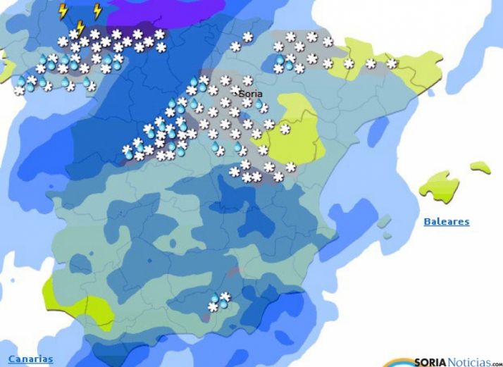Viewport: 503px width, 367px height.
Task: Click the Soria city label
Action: (251, 93)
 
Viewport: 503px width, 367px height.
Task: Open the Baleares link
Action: (446, 222)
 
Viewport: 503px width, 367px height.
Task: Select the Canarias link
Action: (30, 359)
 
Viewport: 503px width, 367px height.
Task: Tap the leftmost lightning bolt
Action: (63, 11)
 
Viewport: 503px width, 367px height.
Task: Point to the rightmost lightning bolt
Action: (97, 11)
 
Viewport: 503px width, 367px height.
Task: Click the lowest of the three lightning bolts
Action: (80, 28)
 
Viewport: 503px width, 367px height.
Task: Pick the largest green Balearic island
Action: (438, 185)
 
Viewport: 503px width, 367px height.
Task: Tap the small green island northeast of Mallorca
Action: (480, 168)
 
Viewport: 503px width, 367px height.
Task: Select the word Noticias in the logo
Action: (471, 361)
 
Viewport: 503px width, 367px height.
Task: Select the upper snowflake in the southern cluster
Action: (225, 296)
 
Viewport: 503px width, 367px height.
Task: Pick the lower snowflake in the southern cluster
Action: (212, 308)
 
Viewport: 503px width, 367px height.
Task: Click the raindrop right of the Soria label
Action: (259, 105)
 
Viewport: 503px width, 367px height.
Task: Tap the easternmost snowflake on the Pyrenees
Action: (392, 63)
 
